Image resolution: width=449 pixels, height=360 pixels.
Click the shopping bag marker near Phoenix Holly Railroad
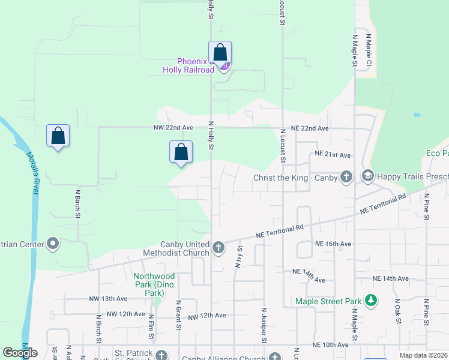[x=220, y=52]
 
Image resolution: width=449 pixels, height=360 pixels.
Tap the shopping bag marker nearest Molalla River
[x=58, y=136]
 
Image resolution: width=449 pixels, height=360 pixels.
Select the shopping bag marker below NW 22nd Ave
[x=181, y=152]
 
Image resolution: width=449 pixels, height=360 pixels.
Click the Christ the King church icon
[x=346, y=177]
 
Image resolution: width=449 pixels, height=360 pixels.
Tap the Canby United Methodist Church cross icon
[x=219, y=247]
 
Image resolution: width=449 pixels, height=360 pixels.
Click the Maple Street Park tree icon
[x=372, y=301]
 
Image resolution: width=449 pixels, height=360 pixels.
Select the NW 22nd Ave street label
[x=176, y=128]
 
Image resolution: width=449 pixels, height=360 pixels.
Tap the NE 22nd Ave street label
[x=310, y=129]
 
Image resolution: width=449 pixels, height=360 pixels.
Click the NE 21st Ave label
[x=332, y=155]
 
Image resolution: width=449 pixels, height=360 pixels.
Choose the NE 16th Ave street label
[x=333, y=244]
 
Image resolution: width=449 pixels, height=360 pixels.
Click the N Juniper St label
[x=264, y=326]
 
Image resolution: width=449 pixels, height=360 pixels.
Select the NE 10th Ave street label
[x=330, y=345]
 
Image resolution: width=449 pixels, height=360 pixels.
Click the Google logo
[x=20, y=353]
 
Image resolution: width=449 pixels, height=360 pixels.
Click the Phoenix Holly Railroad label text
[x=188, y=65]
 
